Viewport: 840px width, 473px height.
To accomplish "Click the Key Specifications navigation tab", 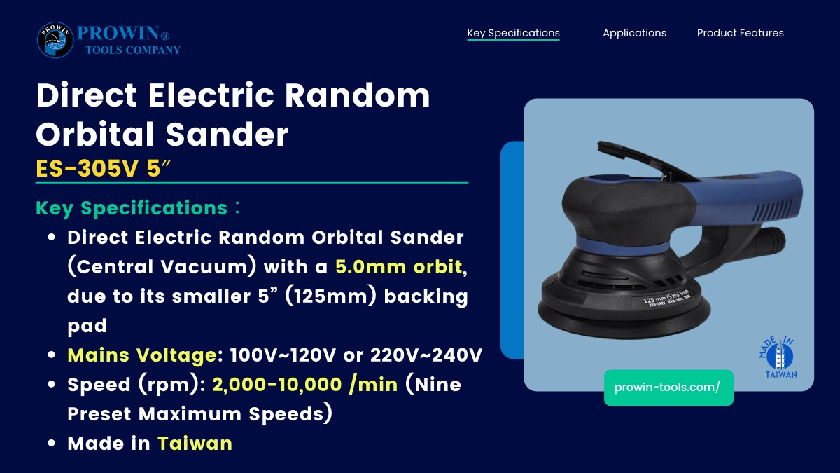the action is coord(513,33).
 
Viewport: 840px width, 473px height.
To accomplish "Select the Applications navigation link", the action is coord(634,33).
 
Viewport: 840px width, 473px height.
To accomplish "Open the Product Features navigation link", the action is coord(741,33).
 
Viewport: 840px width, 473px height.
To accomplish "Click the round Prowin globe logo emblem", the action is coord(55,40).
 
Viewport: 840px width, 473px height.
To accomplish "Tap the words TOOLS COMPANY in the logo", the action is coord(133,50).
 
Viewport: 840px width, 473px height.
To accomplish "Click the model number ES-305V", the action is coord(87,168).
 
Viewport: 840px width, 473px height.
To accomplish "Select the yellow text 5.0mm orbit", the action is coord(398,266).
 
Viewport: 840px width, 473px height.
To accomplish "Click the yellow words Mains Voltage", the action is coord(141,355).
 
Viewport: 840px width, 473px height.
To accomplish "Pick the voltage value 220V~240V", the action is coord(426,355).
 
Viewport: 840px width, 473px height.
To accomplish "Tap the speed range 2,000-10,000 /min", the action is coord(305,385).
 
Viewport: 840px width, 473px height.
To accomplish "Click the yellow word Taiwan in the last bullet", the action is coord(195,444).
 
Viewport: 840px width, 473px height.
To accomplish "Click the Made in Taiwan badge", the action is coord(777,357).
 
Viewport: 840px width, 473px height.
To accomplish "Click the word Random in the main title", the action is coord(357,95).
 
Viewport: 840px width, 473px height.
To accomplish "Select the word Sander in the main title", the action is coord(227,134).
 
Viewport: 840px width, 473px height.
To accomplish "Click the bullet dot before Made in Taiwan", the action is coord(52,444).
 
